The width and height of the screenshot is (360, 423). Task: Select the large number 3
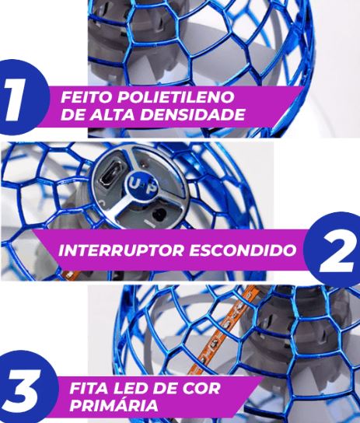pos(22,390)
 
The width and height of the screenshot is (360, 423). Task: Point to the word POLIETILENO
pos(176,97)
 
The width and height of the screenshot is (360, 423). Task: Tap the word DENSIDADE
pos(192,114)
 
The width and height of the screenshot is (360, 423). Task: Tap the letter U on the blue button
pos(135,183)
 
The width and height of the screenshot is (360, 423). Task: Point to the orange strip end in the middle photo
pos(70,274)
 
